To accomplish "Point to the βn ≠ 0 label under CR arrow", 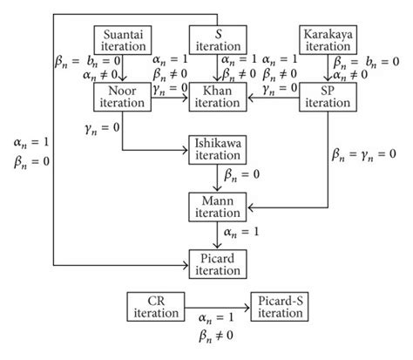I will (215, 334).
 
